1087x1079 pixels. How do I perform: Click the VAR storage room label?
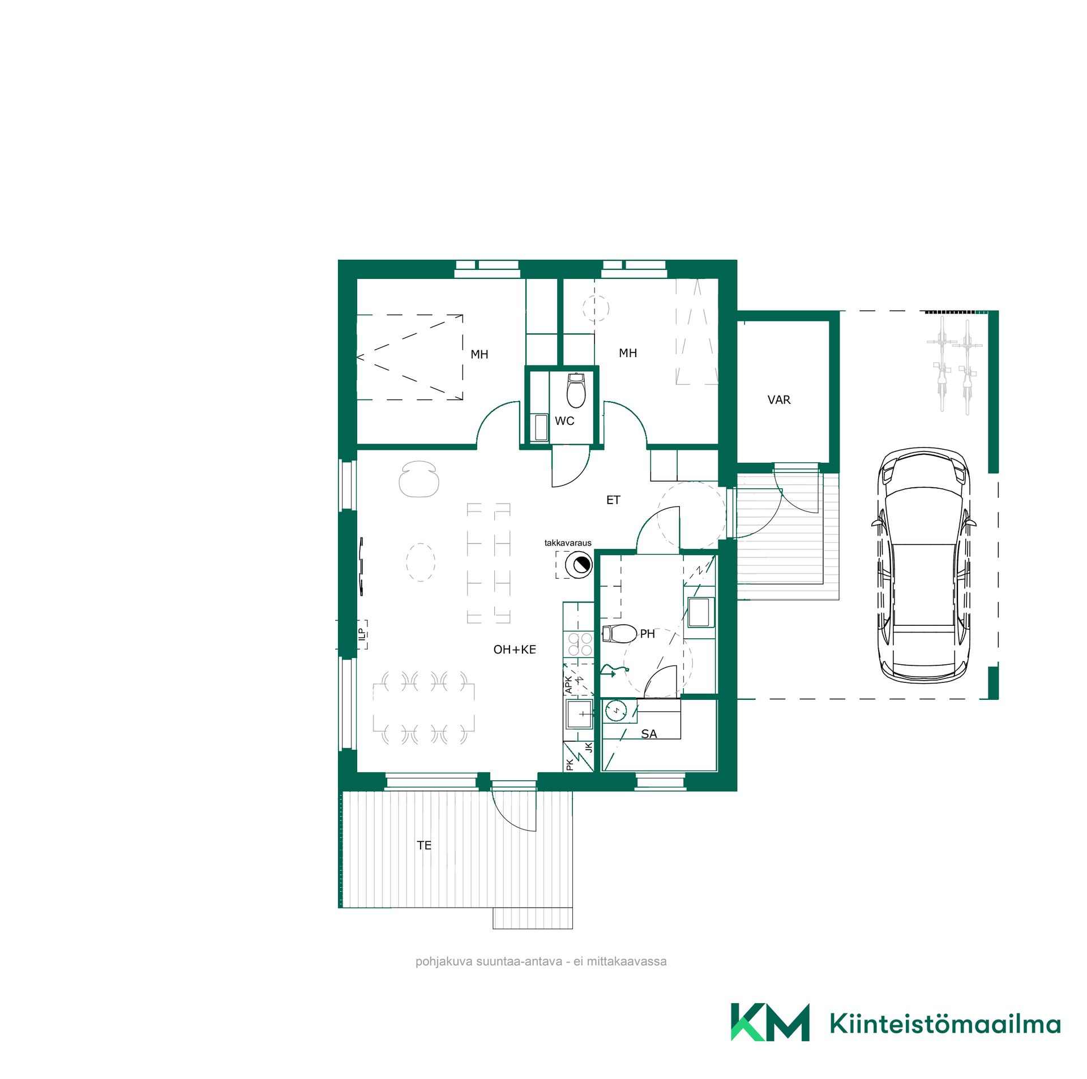pos(778,399)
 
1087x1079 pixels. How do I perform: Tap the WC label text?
pos(564,420)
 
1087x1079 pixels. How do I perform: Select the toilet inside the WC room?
pos(576,390)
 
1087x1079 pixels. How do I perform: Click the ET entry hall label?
pos(613,500)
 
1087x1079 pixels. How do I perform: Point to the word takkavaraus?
pos(568,543)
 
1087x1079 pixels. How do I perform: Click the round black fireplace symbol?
pos(579,564)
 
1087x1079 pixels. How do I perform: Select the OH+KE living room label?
pos(514,650)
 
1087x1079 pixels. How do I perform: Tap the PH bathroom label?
pos(647,634)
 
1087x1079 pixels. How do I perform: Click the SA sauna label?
pos(649,734)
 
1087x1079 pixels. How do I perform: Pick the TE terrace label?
pos(424,845)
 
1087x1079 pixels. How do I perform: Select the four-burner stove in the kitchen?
pos(580,644)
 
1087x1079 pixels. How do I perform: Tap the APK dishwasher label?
pos(569,685)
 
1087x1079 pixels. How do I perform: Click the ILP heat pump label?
pos(361,635)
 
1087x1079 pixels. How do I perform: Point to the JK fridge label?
pos(588,747)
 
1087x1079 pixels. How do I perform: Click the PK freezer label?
pos(570,765)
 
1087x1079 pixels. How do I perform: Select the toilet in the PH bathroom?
pos(619,634)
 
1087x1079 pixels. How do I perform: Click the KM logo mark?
pos(770,1022)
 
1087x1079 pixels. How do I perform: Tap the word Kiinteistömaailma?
pos(945,1023)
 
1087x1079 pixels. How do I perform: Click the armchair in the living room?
pos(419,479)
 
